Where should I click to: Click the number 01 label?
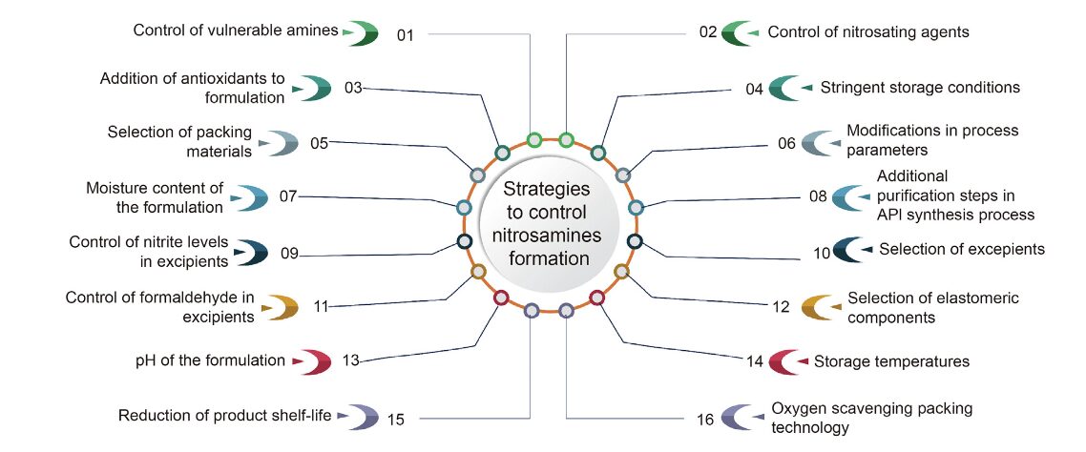tap(405, 35)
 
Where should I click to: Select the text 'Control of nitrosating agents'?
tap(868, 31)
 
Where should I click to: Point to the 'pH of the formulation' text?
tap(210, 360)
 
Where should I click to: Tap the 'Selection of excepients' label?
tap(962, 250)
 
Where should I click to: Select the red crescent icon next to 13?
tap(311, 361)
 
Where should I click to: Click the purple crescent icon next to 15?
tap(364, 417)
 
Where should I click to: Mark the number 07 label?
tap(288, 196)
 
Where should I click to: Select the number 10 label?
tap(822, 253)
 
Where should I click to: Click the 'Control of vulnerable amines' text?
tap(236, 31)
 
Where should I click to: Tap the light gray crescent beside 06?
tap(821, 143)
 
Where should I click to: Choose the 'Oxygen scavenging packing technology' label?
tap(871, 418)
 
